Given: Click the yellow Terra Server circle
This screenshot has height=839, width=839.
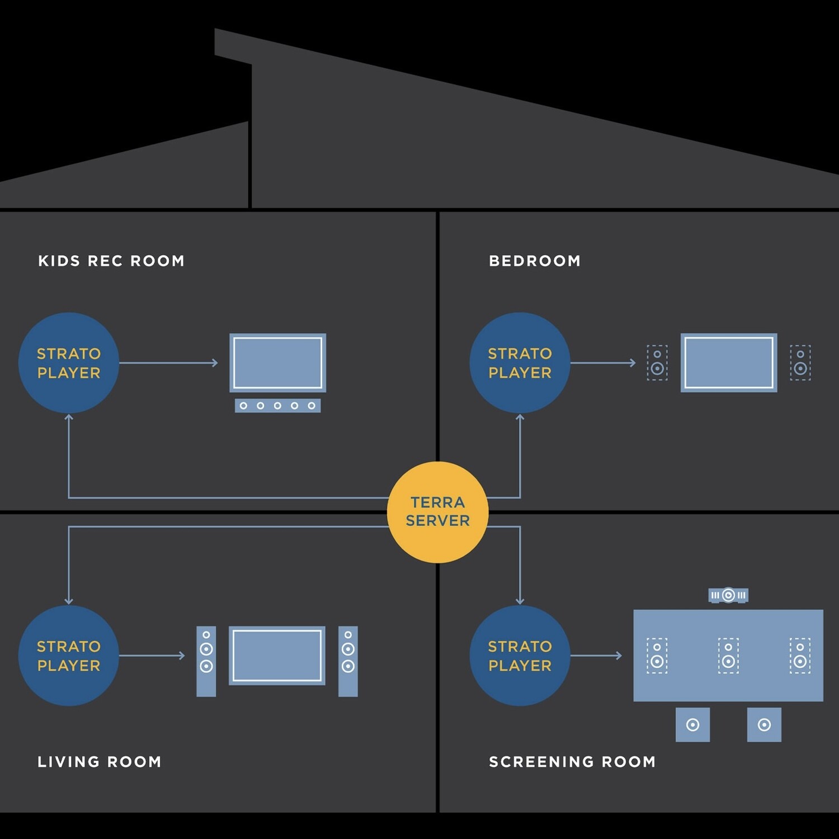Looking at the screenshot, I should (437, 512).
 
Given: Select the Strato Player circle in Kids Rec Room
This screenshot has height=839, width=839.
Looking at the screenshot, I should (69, 363).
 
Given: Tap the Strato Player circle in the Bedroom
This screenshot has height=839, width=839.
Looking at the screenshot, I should (520, 363).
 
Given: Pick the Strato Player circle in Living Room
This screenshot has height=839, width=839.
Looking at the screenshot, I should (69, 656).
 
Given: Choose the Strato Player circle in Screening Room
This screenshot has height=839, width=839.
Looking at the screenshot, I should (520, 656).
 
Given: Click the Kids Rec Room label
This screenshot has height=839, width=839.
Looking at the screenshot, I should (111, 261).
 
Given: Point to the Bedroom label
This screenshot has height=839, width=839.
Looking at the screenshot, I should (535, 261).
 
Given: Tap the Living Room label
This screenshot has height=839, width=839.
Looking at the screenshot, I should (100, 762).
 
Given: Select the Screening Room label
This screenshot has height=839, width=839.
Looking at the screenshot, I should (572, 762).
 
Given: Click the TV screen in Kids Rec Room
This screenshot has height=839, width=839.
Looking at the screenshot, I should (277, 362).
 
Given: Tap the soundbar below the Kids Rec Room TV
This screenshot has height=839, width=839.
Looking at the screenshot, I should (277, 406).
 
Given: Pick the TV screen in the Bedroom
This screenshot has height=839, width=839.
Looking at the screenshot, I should (729, 362).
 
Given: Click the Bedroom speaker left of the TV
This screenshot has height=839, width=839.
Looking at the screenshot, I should (657, 363).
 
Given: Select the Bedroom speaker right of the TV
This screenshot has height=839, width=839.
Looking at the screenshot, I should (800, 363).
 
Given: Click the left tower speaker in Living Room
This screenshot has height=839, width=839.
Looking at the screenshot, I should (206, 661).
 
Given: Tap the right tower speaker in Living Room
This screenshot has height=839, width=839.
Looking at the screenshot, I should (348, 661).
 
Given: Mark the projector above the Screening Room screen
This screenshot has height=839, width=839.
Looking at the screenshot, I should (728, 595).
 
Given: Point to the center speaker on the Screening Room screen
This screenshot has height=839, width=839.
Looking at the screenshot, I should (728, 656).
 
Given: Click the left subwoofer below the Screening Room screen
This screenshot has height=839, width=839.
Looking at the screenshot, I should (692, 725).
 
